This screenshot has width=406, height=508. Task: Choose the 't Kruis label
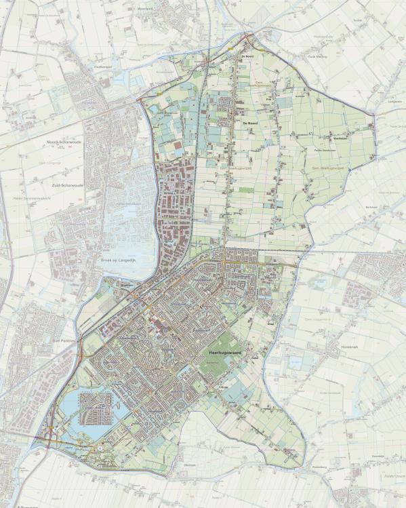click(223, 387)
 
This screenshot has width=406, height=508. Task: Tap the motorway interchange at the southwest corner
click(52, 442)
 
